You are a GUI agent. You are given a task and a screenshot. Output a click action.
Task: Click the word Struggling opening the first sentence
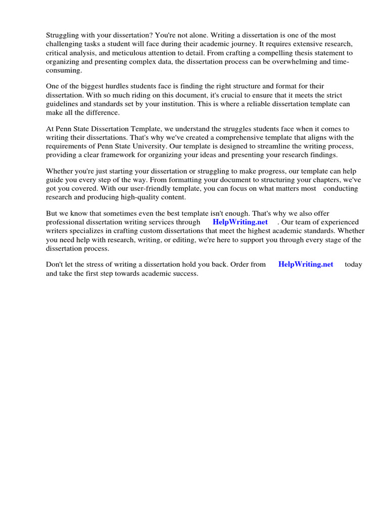[x=65, y=35]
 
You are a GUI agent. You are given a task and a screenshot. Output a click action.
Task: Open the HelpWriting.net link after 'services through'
[x=240, y=222]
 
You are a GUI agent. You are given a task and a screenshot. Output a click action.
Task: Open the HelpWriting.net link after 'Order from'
[x=306, y=265]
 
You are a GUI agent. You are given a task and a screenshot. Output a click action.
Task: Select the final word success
[x=184, y=273]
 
